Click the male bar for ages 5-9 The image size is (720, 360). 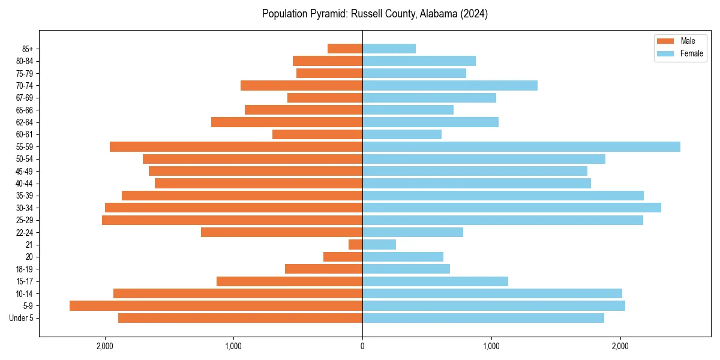pyautogui.click(x=216, y=305)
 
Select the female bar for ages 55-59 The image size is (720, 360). pyautogui.click(x=521, y=146)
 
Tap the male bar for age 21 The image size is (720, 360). pyautogui.click(x=355, y=244)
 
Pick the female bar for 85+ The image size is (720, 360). pyautogui.click(x=389, y=49)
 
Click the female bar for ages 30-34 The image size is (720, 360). pyautogui.click(x=511, y=208)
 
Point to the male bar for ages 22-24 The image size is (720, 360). pyautogui.click(x=281, y=232)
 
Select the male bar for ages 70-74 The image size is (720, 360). pyautogui.click(x=301, y=85)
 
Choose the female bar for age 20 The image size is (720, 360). pyautogui.click(x=403, y=257)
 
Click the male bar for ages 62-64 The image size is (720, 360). pyautogui.click(x=287, y=122)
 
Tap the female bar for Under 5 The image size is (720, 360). pyautogui.click(x=483, y=318)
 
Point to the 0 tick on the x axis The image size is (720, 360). pyautogui.click(x=362, y=346)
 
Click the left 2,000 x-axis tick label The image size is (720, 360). pyautogui.click(x=104, y=346)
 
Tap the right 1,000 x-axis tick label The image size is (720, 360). pyautogui.click(x=491, y=346)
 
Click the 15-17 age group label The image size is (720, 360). pyautogui.click(x=24, y=281)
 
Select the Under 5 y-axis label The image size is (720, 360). pyautogui.click(x=22, y=318)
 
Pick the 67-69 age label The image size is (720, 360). pyautogui.click(x=24, y=98)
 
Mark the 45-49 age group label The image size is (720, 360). pyautogui.click(x=24, y=171)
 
